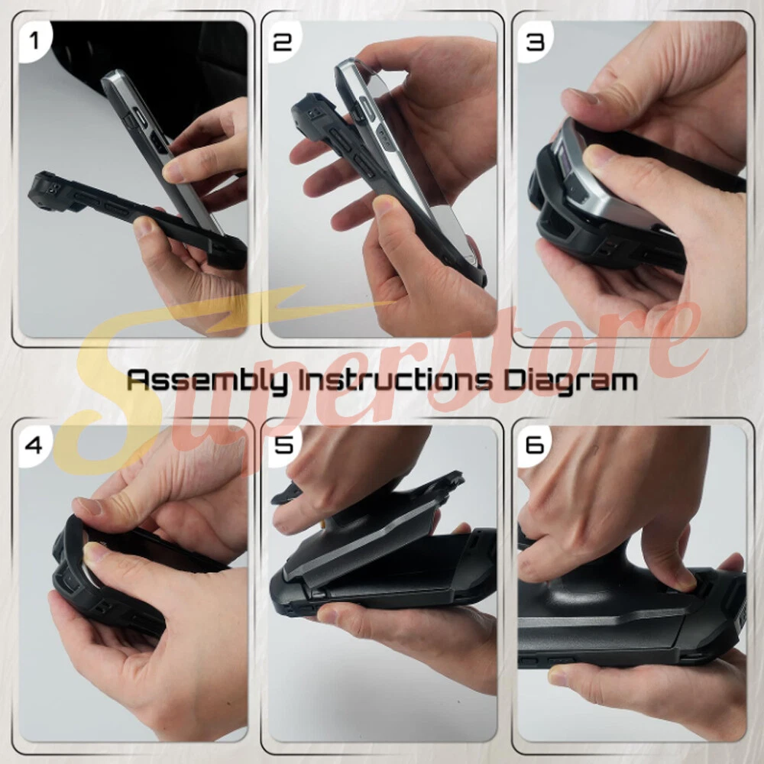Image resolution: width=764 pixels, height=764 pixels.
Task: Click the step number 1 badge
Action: click(34, 40)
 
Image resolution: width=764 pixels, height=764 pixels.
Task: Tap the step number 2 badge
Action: click(283, 42)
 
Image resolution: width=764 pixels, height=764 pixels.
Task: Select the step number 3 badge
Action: click(535, 42)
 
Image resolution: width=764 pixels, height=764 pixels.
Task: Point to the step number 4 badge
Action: click(34, 445)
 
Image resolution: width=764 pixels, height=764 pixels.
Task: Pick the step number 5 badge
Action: click(283, 445)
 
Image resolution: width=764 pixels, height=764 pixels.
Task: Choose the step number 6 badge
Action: click(535, 445)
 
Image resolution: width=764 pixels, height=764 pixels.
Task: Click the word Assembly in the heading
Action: click(207, 380)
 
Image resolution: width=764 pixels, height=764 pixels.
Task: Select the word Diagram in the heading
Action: click(570, 380)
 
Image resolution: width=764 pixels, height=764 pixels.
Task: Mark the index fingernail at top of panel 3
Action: click(580, 96)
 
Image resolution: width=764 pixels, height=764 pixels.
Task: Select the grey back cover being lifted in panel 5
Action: click(375, 541)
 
